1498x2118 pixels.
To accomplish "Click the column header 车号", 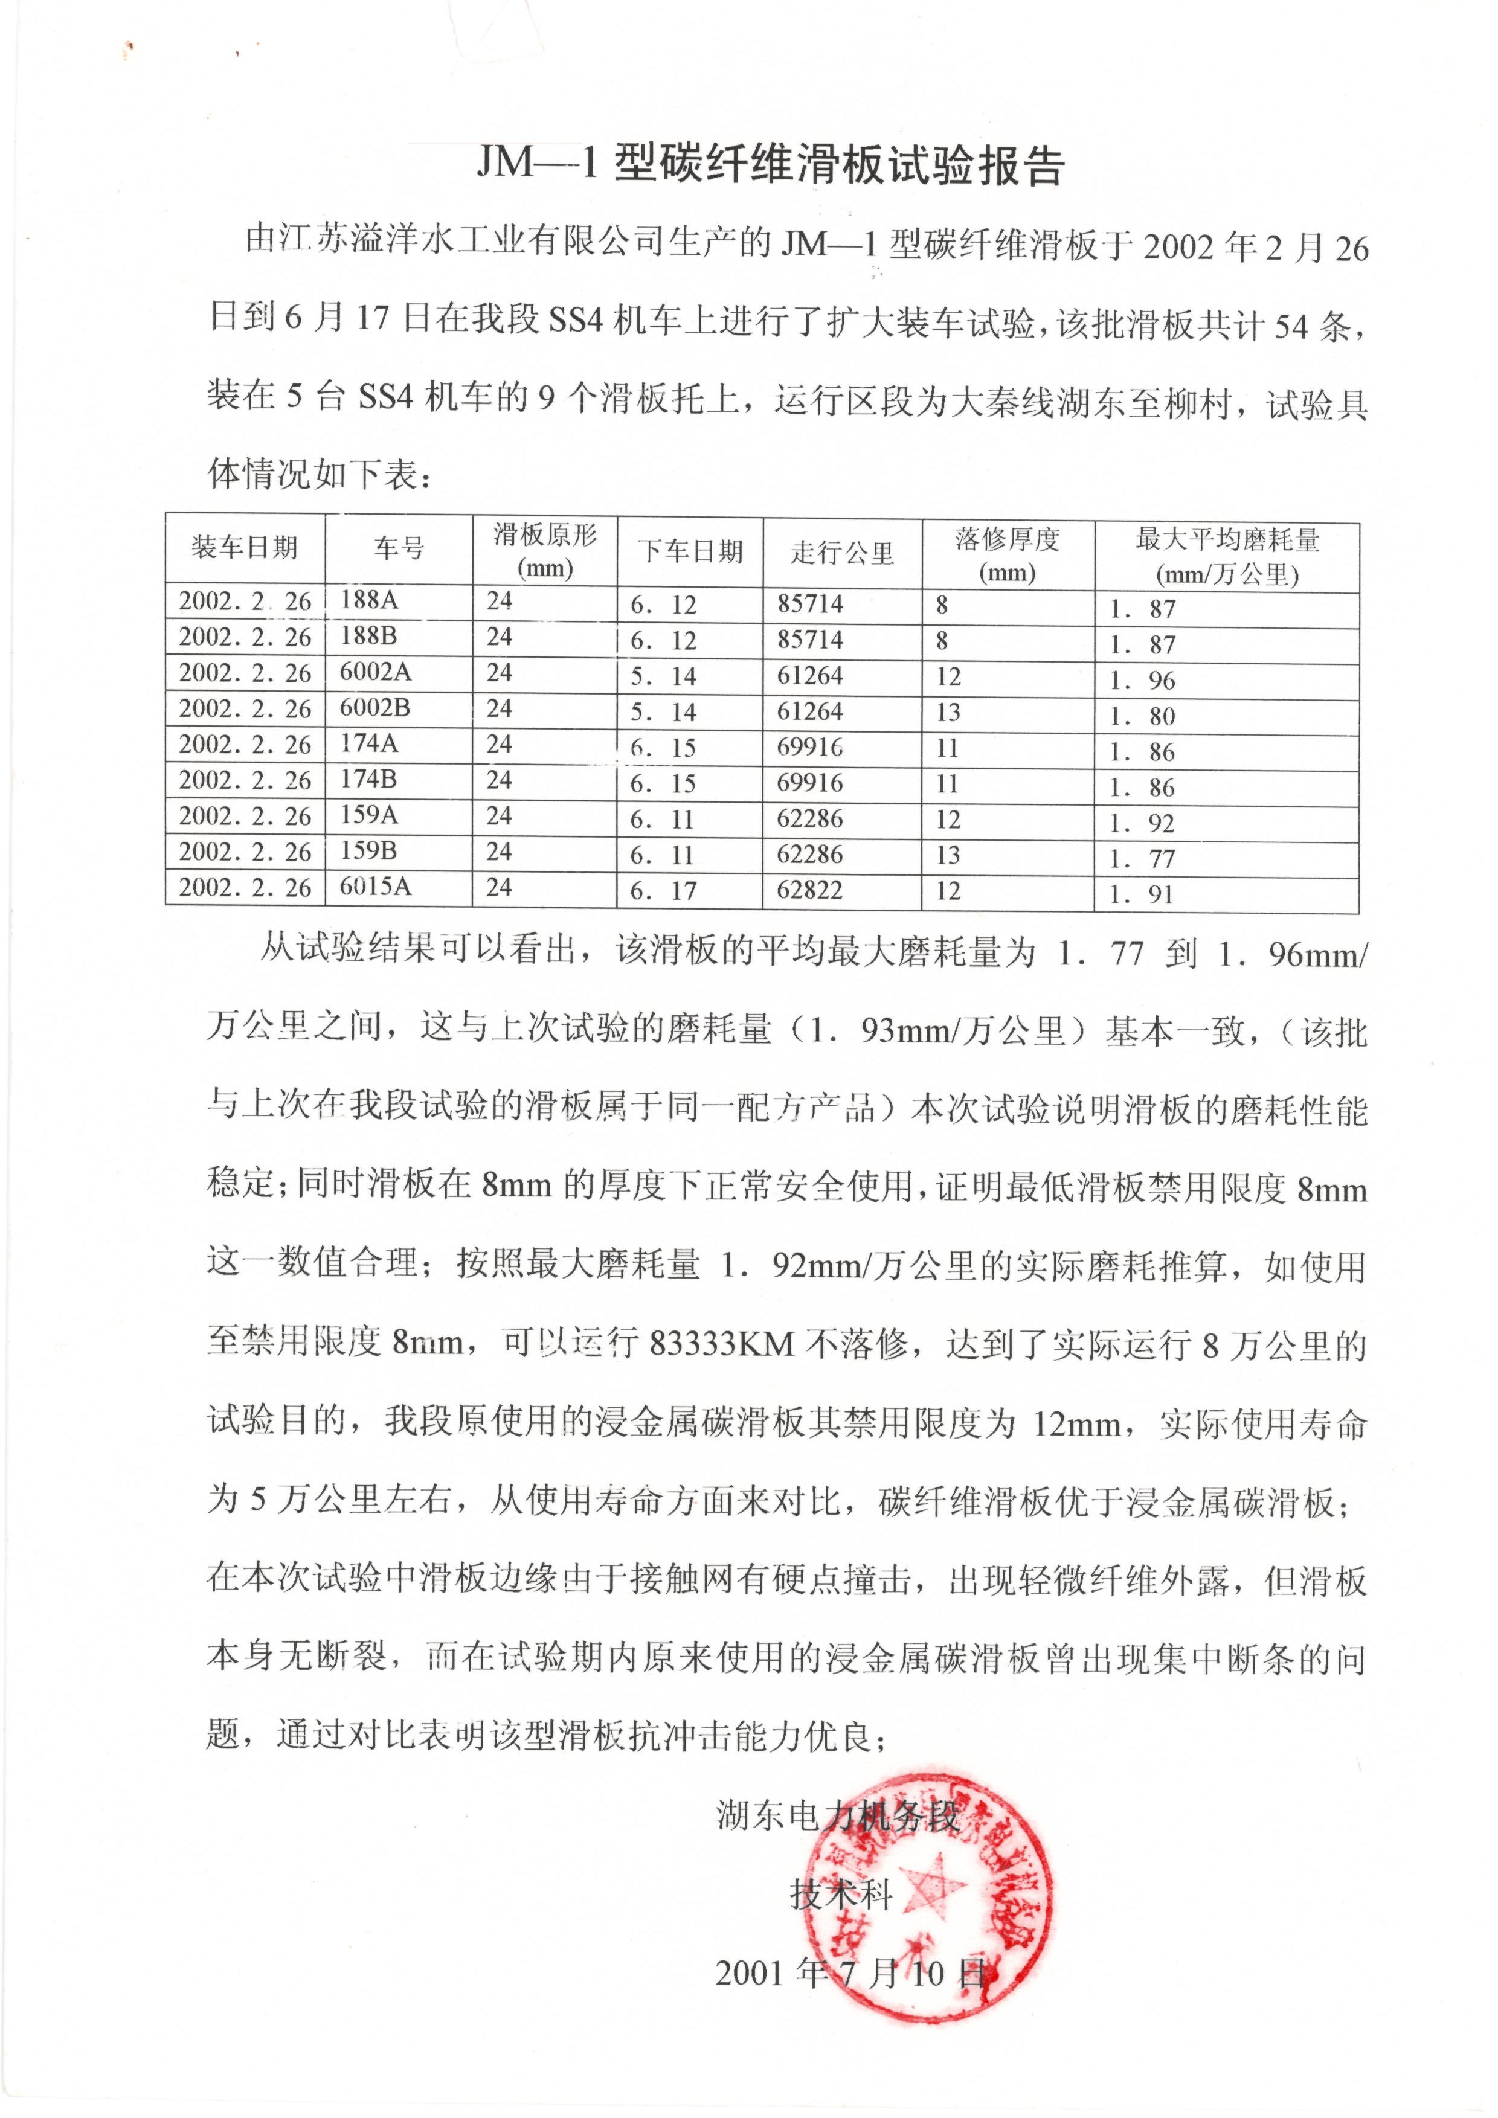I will (399, 549).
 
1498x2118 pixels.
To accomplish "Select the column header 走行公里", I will (841, 553).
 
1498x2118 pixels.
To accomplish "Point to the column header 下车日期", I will (690, 551).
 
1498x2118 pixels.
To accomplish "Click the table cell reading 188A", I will (369, 600).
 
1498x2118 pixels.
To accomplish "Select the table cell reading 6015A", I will (376, 887).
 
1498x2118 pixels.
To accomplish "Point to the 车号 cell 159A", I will (369, 815).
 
